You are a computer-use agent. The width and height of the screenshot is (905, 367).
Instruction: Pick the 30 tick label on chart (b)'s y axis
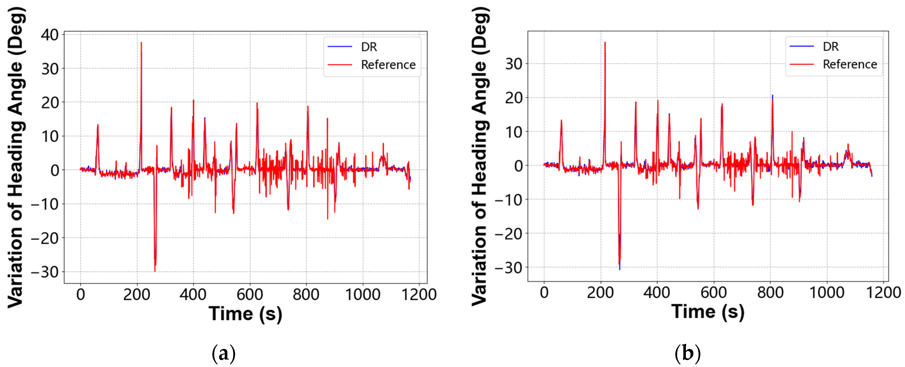pos(514,64)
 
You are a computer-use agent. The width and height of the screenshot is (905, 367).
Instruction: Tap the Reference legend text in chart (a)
pos(388,65)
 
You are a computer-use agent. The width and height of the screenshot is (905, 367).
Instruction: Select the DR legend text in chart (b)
pos(831,47)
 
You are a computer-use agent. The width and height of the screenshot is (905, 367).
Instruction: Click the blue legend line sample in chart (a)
pos(340,47)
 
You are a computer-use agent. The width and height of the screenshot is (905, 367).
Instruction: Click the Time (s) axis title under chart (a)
pos(245,314)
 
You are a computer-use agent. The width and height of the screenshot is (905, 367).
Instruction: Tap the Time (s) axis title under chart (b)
pos(708,312)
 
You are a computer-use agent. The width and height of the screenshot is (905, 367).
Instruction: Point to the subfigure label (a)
pos(223,354)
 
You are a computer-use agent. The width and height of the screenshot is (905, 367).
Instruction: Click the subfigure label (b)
pos(687,354)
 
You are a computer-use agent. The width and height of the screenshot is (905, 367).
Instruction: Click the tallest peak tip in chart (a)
pos(141,43)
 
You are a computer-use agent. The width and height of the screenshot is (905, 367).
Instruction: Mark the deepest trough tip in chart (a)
pos(155,271)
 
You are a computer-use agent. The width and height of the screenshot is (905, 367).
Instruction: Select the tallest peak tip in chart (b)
pos(605,42)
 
